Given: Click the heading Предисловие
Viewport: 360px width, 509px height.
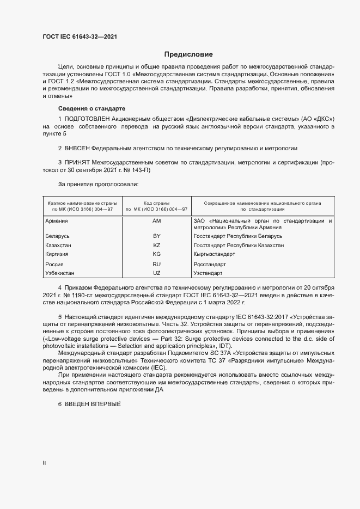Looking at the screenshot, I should [189, 54].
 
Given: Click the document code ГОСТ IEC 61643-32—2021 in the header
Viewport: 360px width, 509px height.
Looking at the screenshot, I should [79, 37].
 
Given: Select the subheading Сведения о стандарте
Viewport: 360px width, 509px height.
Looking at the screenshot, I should [91, 108].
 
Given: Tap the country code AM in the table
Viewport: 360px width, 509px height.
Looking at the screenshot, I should [156, 221].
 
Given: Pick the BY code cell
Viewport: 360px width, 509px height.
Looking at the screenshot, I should [156, 237].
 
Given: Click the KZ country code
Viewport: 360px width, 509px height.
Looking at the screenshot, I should [156, 246].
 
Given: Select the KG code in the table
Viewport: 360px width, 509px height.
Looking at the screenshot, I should [156, 254].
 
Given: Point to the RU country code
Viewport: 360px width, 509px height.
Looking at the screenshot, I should [156, 264].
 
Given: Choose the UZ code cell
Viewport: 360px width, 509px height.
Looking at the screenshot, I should [156, 273].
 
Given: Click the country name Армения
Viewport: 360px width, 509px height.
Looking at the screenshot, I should [57, 221].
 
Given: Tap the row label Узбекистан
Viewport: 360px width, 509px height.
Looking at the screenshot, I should [60, 273].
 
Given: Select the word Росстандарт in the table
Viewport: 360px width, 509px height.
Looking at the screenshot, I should [210, 264].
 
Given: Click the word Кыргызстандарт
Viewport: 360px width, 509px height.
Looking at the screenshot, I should [214, 254].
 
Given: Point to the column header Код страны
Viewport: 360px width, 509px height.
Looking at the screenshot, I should [156, 203].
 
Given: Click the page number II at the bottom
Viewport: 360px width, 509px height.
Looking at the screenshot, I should [44, 463].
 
